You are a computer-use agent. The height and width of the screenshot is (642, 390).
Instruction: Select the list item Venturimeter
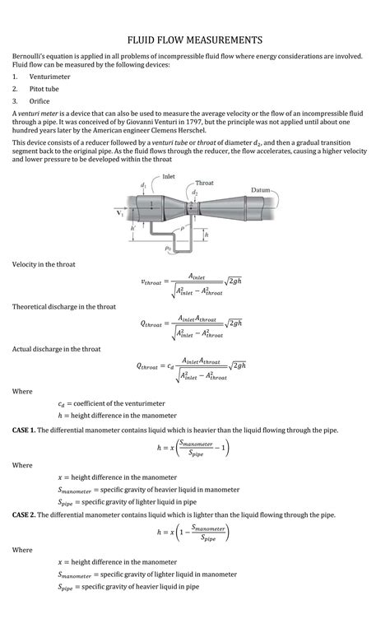click(x=49, y=77)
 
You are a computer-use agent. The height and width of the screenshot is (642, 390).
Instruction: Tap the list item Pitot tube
click(x=44, y=89)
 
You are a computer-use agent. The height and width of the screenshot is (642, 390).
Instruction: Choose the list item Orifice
click(x=39, y=101)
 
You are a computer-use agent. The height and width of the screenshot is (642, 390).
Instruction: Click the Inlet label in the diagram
click(x=168, y=176)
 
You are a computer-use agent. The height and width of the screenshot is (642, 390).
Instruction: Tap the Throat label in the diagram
click(x=204, y=183)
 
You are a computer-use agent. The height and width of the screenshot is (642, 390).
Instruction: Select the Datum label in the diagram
click(x=261, y=190)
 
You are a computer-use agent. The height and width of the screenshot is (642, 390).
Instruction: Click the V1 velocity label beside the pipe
click(x=119, y=213)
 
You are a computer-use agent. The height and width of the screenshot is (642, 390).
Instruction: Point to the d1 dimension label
click(x=143, y=186)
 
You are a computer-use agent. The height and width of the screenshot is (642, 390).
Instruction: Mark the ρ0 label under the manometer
click(x=168, y=248)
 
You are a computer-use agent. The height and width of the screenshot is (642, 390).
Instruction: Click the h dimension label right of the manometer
click(x=207, y=235)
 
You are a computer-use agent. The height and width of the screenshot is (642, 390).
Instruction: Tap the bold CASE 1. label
click(x=24, y=430)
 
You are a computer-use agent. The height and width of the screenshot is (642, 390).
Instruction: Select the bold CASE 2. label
click(x=24, y=514)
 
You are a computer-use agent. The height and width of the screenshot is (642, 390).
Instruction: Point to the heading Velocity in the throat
click(x=44, y=264)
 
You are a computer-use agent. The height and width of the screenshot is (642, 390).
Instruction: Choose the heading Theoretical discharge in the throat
click(x=64, y=307)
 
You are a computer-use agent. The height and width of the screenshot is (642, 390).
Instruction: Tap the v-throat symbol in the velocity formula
click(x=151, y=282)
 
